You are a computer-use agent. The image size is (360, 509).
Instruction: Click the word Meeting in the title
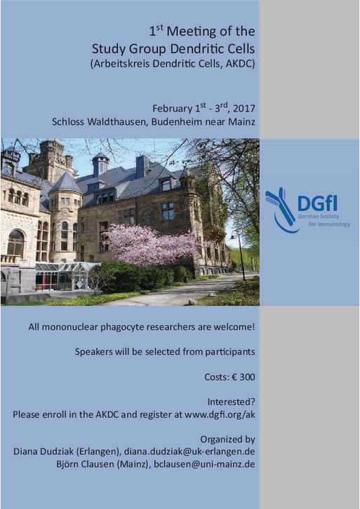[x=192, y=32]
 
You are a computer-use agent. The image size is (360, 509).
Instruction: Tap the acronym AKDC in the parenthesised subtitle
[x=239, y=63]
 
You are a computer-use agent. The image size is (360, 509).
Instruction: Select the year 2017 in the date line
[x=244, y=109]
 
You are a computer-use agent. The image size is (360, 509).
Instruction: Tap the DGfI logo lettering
[x=317, y=203]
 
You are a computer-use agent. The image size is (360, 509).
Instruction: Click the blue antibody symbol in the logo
[x=281, y=210]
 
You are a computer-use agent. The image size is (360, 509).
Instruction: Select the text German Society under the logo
[x=319, y=217]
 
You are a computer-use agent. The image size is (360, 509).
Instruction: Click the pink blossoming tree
[x=153, y=245]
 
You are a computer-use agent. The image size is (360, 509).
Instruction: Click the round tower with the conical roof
[x=66, y=215]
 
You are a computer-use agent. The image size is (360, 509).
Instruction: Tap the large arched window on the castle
[x=15, y=243]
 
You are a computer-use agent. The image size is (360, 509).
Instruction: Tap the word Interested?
[x=232, y=402]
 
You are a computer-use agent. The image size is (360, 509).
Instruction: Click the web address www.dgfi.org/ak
[x=220, y=415]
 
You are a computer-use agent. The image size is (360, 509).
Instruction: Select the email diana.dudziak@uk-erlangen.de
[x=189, y=452]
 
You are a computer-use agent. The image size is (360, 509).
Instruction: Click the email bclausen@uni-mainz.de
[x=204, y=464]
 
